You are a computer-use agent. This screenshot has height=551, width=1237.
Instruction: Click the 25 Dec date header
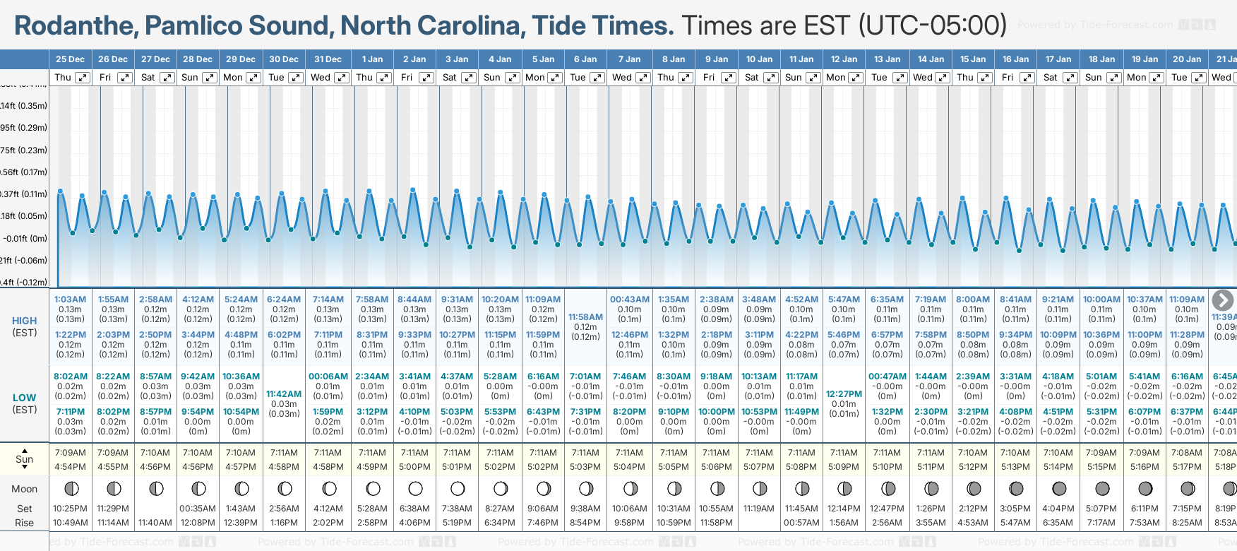click(x=70, y=59)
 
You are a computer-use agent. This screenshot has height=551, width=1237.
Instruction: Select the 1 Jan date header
click(x=372, y=59)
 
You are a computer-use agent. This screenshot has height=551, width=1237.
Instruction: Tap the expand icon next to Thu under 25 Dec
click(x=83, y=78)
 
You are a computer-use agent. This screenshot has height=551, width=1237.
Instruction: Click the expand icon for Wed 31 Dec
click(x=341, y=78)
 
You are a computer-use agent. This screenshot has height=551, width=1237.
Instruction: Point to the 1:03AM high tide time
click(x=70, y=300)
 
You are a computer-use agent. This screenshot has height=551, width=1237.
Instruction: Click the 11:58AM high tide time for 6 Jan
click(x=585, y=317)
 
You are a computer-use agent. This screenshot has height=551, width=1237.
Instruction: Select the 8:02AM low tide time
click(x=70, y=377)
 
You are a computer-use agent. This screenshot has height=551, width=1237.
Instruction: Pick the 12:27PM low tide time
click(x=844, y=394)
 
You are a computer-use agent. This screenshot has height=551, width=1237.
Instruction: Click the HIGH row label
click(x=24, y=321)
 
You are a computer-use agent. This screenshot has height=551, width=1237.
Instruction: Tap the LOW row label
click(x=24, y=398)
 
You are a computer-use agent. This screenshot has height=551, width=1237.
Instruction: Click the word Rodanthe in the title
click(x=76, y=26)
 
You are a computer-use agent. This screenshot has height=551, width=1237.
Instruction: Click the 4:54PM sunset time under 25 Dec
click(x=70, y=467)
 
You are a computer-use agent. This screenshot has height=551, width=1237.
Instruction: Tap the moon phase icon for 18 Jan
click(x=1101, y=488)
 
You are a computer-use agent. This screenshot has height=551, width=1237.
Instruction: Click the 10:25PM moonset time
click(x=70, y=509)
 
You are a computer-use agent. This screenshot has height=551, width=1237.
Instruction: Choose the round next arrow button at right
click(x=1222, y=300)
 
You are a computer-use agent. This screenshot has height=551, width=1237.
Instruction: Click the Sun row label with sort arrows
click(x=24, y=459)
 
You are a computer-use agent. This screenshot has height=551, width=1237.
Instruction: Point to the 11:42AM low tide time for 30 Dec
click(x=284, y=394)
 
